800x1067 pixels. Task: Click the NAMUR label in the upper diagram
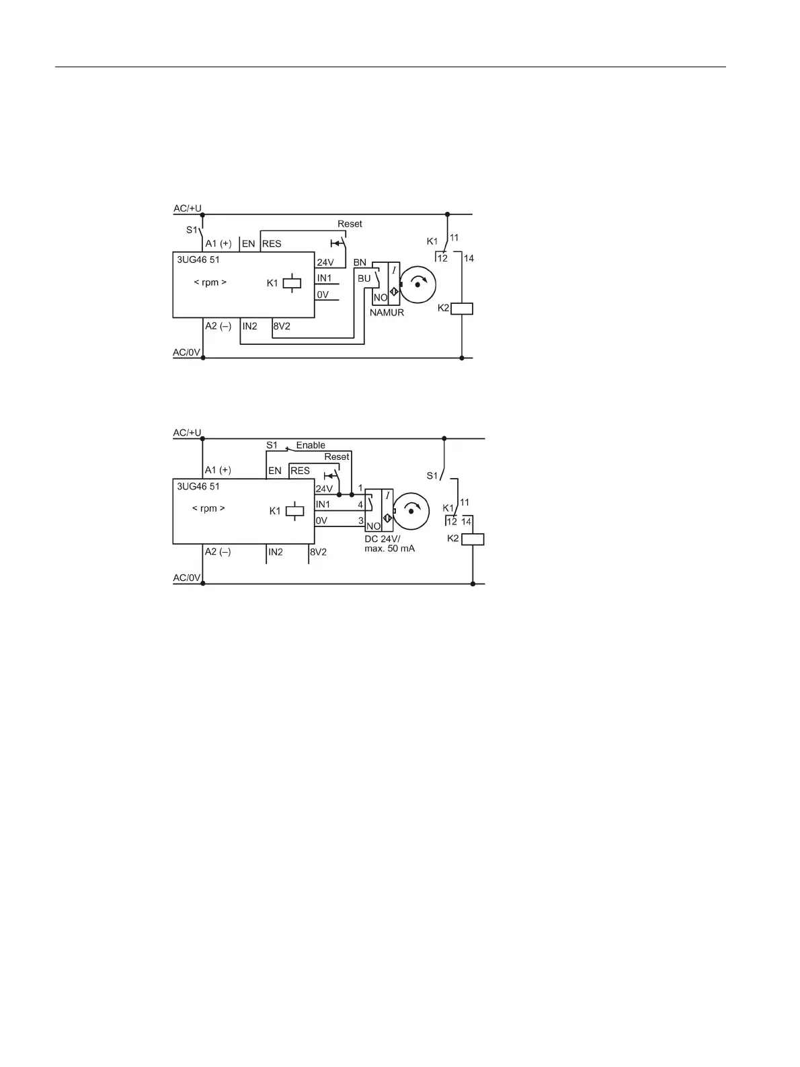coord(387,312)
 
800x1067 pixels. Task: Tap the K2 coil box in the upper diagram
coord(462,309)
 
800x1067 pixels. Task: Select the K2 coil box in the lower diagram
coord(473,539)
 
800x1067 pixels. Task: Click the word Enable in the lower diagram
coord(311,445)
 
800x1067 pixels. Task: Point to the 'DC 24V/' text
coord(382,539)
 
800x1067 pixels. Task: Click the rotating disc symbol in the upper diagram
coord(418,284)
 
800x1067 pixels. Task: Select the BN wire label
coord(360,262)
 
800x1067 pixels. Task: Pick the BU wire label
coord(364,278)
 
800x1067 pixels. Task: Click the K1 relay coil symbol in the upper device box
coord(292,283)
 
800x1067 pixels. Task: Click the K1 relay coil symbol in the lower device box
coord(294,511)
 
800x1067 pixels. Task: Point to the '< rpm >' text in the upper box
coord(210,282)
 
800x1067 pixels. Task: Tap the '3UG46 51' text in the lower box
coord(198,486)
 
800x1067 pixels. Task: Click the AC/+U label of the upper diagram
coord(187,208)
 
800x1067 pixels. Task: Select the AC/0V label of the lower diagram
coord(186,578)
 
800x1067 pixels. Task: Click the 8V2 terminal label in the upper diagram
coord(282,326)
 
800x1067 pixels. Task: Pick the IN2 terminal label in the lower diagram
coord(276,552)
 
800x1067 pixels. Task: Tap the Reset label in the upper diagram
coord(350,224)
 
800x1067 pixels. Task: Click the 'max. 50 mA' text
coord(389,549)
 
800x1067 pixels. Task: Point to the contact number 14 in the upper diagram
coord(469,258)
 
